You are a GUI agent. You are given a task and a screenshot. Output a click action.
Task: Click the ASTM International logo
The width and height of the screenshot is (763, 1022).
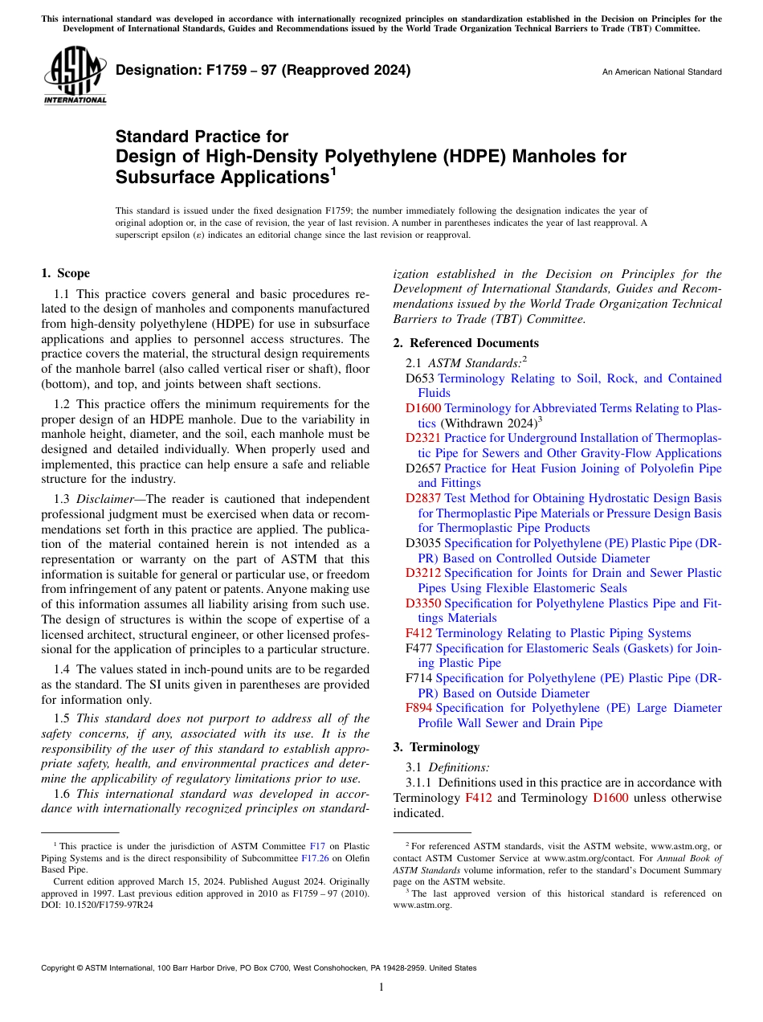[75, 77]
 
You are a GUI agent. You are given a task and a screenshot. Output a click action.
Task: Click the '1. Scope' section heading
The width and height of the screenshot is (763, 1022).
[66, 274]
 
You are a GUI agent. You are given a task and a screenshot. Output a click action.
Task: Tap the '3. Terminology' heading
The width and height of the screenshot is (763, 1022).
[436, 746]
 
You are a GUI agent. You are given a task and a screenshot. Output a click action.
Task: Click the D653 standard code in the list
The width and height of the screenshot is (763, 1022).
[420, 378]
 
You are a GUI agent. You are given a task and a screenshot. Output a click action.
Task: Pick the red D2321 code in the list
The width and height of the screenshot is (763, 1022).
[423, 439]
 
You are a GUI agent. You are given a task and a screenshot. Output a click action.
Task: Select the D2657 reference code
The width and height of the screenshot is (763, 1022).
[423, 468]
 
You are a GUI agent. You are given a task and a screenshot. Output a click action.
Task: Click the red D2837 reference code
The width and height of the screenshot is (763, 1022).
[423, 499]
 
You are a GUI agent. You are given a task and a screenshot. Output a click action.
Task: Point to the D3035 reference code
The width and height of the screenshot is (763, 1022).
[423, 543]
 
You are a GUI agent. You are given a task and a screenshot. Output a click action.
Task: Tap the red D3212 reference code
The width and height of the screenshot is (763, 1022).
[423, 574]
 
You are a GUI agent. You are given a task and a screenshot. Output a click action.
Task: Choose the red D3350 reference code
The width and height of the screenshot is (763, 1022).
[423, 603]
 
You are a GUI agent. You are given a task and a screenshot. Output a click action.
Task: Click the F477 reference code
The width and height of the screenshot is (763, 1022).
[419, 648]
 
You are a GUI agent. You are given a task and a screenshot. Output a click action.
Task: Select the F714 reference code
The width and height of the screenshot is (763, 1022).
[419, 678]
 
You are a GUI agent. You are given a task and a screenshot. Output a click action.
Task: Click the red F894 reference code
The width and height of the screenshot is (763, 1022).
[419, 709]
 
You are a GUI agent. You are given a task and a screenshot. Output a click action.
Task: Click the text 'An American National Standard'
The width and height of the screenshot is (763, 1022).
[661, 72]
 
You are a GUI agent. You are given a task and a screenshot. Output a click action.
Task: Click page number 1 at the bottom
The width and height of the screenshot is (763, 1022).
[381, 987]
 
